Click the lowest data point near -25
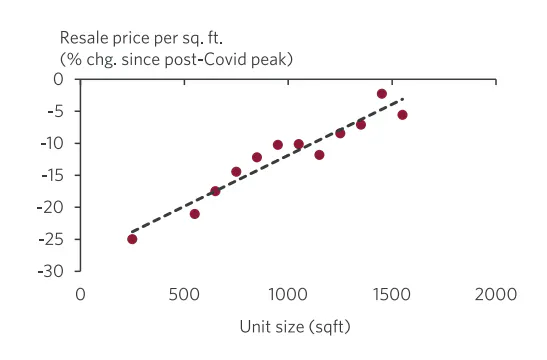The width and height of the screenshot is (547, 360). pyautogui.click(x=132, y=239)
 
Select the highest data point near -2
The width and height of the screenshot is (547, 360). pyautogui.click(x=382, y=94)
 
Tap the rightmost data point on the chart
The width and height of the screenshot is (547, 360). pyautogui.click(x=402, y=115)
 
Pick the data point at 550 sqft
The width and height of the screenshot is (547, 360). pyautogui.click(x=195, y=214)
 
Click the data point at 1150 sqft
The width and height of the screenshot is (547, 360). pyautogui.click(x=319, y=155)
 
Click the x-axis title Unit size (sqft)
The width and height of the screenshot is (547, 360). pyautogui.click(x=295, y=327)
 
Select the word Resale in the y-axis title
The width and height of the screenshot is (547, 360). pyautogui.click(x=84, y=39)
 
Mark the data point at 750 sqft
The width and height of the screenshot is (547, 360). pyautogui.click(x=236, y=172)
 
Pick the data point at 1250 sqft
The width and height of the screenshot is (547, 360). pyautogui.click(x=340, y=133)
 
